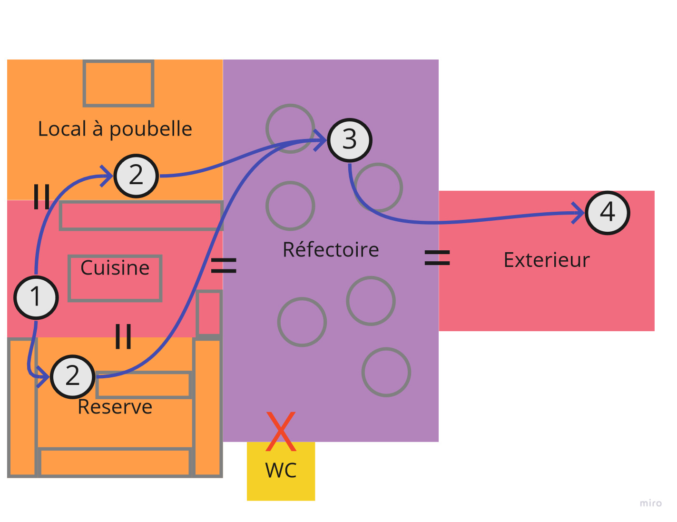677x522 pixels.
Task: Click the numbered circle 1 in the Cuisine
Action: coord(36,297)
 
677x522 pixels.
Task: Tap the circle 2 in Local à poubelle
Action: coord(136,176)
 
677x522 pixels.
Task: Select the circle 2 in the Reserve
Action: coord(73,376)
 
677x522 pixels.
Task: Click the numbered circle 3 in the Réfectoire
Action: coord(350,140)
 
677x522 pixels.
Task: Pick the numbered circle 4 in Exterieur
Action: coord(608,212)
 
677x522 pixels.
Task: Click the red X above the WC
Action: coord(281,431)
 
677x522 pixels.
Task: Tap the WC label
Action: coord(281,470)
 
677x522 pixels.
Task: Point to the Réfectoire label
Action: coord(331,250)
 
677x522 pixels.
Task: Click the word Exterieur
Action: coord(547,260)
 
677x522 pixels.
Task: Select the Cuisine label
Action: coord(115,268)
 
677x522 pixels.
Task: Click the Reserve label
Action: coord(115,407)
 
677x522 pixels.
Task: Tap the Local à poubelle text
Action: coord(115,129)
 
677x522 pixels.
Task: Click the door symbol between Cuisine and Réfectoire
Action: coord(224,266)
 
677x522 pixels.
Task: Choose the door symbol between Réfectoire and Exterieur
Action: coord(437,257)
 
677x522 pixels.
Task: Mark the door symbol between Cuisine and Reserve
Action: coord(123,336)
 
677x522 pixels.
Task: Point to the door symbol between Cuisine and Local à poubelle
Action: coord(41,197)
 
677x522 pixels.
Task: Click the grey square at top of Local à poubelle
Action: coord(118,83)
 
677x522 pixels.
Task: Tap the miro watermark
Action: coord(650,503)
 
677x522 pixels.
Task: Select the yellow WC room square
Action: coord(281,485)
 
